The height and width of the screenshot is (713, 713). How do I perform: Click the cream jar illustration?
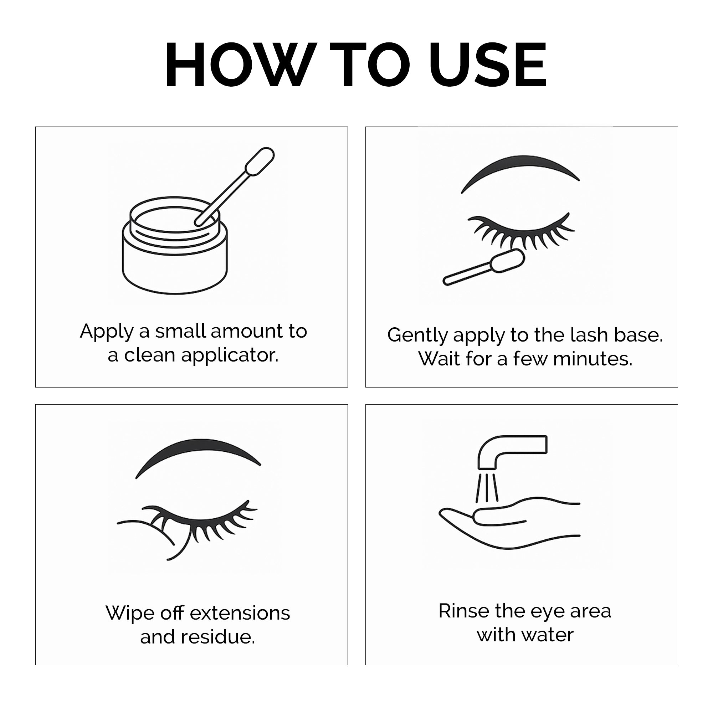coord(175,245)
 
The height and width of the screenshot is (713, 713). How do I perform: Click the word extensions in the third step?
coord(240,613)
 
